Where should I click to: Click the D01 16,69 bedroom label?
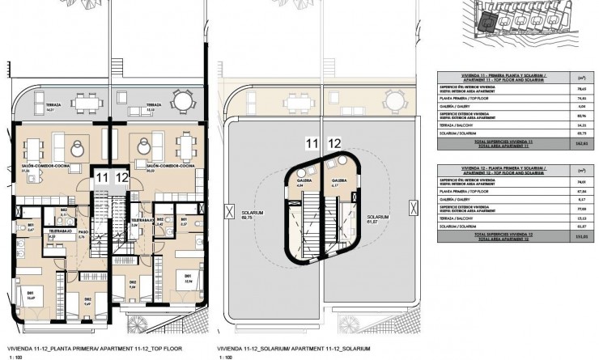(30, 295)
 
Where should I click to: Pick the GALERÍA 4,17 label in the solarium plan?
(338, 183)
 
